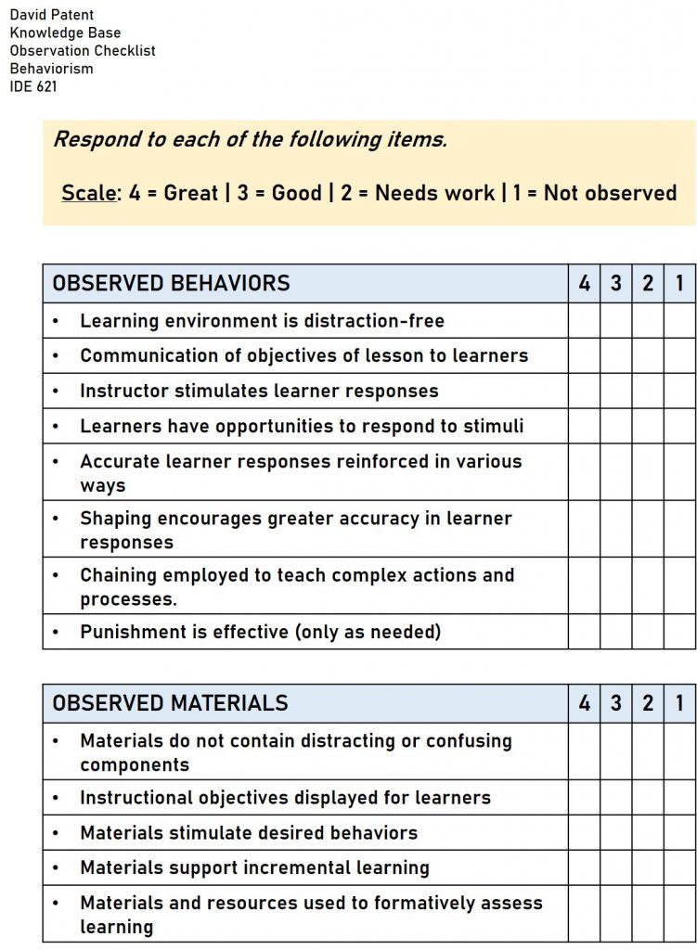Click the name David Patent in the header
(51, 15)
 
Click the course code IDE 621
(32, 85)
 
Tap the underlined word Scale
(88, 193)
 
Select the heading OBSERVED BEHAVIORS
(171, 283)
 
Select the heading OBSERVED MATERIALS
(170, 703)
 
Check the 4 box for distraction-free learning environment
(584, 321)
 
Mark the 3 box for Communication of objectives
(615, 355)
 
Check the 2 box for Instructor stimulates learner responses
(648, 391)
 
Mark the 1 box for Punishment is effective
(679, 632)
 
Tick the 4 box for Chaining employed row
(584, 585)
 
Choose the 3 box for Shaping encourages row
(615, 529)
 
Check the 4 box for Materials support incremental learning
(584, 867)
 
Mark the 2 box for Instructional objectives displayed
(648, 797)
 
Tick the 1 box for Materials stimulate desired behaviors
(679, 832)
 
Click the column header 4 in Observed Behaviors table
(584, 283)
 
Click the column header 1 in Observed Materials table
(679, 703)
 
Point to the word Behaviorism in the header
(51, 68)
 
